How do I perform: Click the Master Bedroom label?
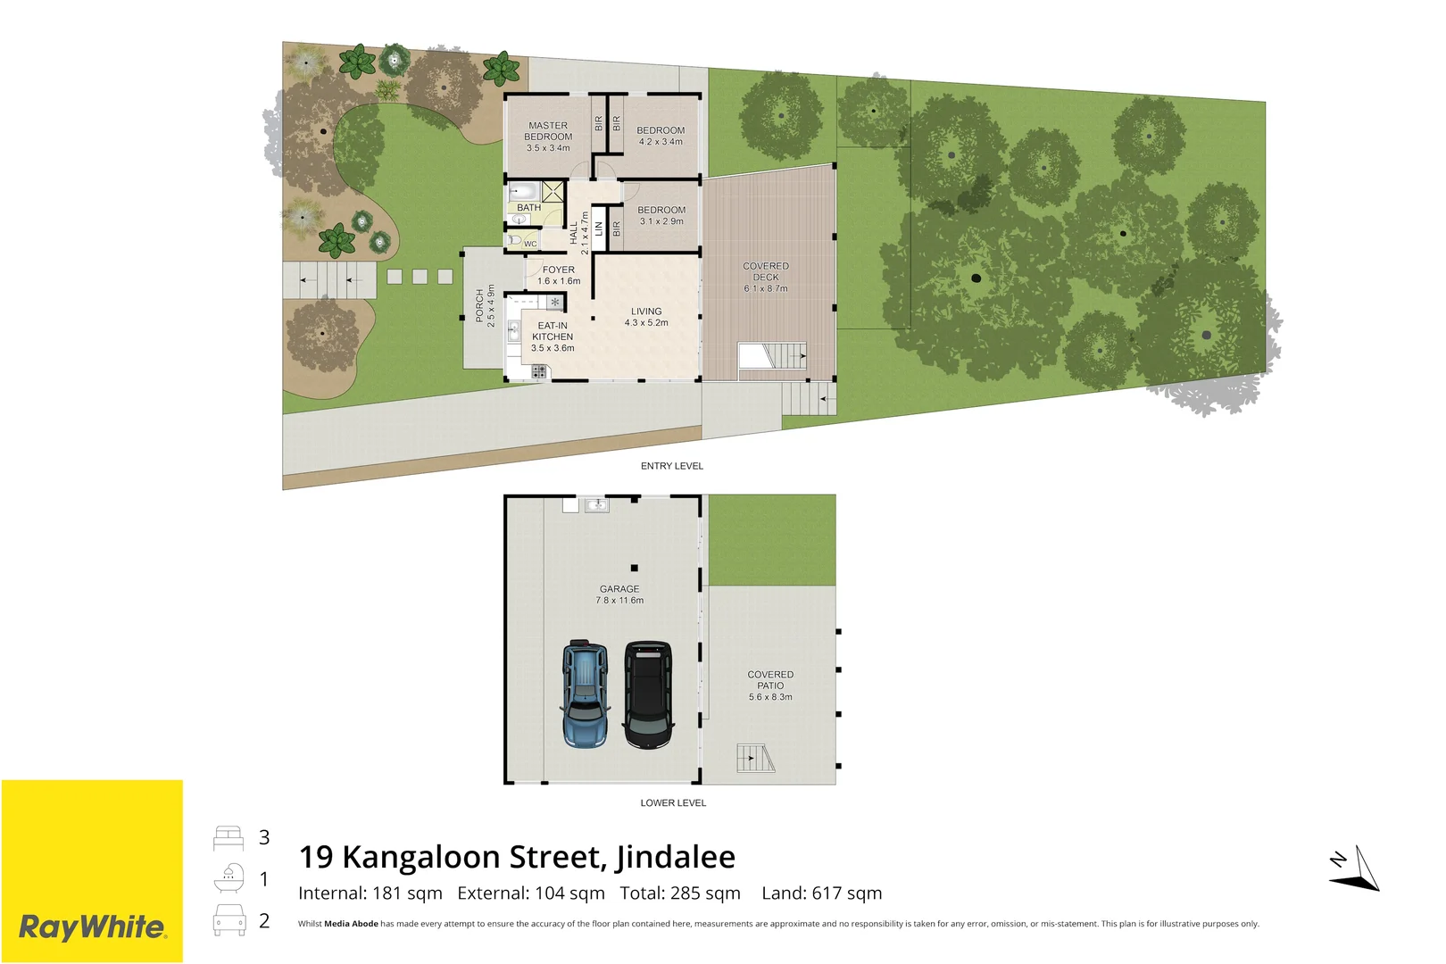coord(548,137)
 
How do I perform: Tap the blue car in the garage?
coord(585,694)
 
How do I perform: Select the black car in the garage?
coord(648,694)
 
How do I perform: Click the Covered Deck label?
coord(766,277)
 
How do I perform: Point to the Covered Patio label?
coord(770,686)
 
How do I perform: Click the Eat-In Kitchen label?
coord(553,337)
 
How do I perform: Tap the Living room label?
coord(646,317)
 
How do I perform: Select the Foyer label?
coord(559,275)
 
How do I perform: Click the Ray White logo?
coord(92,927)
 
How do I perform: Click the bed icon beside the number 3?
coord(229,838)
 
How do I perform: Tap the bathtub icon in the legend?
coord(229,879)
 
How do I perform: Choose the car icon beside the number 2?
coord(229,920)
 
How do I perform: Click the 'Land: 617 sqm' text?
coord(821,893)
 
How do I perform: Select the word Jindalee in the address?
coord(676,857)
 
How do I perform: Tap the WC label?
coord(530,244)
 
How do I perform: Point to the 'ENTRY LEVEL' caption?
coord(672,466)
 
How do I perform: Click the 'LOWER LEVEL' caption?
coord(673,803)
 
